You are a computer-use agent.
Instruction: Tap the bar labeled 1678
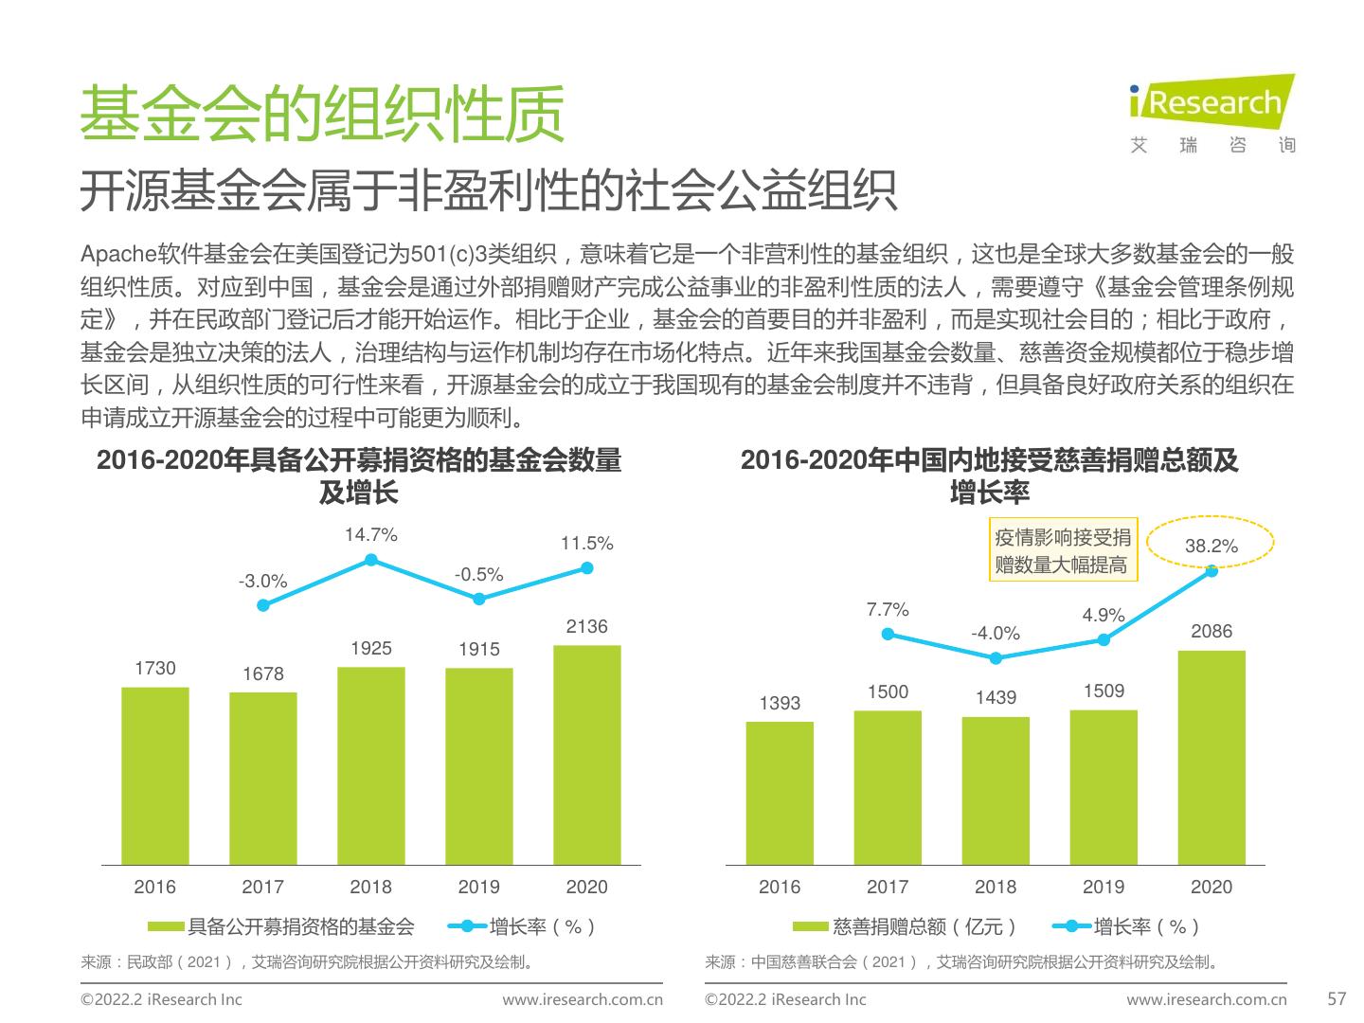[x=262, y=778]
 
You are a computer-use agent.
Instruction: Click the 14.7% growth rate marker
[x=371, y=560]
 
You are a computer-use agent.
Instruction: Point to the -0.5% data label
[x=478, y=575]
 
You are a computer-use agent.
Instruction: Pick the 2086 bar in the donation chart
[x=1211, y=757]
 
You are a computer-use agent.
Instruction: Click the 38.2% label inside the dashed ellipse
[x=1211, y=546]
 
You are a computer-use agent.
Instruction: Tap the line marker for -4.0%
[x=995, y=657]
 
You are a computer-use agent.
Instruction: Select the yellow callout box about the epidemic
[x=1062, y=550]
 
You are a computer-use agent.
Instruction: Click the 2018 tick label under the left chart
[x=370, y=888]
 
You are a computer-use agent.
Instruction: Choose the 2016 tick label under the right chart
[x=779, y=888]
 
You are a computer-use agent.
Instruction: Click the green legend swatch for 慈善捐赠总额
[x=811, y=926]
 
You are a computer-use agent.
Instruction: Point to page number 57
[x=1337, y=998]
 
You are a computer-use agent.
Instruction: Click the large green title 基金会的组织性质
[x=322, y=114]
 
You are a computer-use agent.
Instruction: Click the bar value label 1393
[x=780, y=703]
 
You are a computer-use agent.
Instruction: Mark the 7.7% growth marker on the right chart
[x=888, y=634]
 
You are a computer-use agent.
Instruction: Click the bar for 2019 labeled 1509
[x=1103, y=787]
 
